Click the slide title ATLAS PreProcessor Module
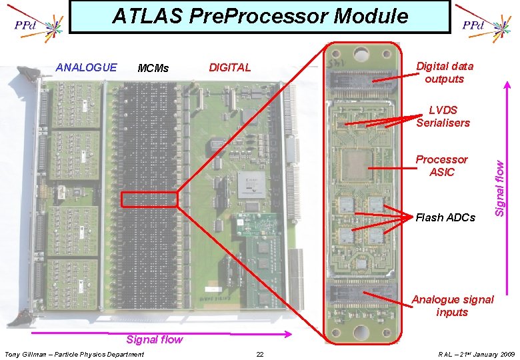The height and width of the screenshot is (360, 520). (260, 15)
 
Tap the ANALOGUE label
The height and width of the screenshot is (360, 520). (86, 67)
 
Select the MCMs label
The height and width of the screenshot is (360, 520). (153, 68)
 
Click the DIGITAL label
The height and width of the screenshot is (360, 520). (230, 67)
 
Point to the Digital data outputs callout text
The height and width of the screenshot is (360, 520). (445, 72)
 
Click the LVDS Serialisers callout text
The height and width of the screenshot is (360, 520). (443, 116)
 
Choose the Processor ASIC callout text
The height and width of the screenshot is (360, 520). (441, 165)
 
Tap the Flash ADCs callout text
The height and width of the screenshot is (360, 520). (445, 217)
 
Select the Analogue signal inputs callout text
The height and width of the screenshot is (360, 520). (453, 306)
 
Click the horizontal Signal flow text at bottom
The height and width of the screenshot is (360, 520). (154, 339)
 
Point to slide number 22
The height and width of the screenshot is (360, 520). (260, 353)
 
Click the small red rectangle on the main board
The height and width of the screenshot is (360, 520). (149, 199)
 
